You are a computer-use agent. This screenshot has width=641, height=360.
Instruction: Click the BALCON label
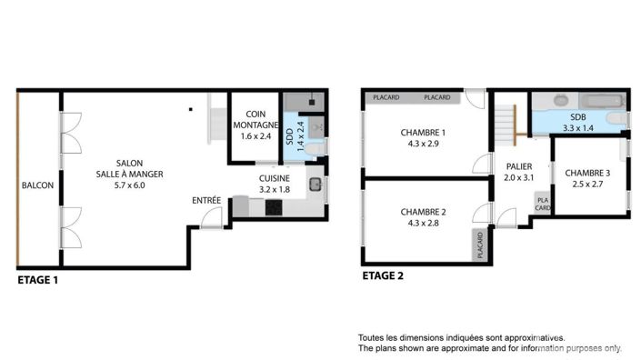coord(37,185)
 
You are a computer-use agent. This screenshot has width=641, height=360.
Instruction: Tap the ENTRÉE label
coord(205,200)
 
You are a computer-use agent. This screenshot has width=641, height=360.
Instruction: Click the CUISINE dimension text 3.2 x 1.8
coord(274,190)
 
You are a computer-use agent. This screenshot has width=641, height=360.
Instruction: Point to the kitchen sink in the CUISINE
coord(314,185)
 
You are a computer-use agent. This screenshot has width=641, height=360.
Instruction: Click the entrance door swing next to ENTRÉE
coord(211,217)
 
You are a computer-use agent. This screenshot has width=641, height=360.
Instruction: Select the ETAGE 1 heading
coord(38,281)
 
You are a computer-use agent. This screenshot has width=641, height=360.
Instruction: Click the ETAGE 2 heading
coord(384,275)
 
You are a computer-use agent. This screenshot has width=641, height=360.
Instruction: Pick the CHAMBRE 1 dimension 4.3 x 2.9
coord(423,144)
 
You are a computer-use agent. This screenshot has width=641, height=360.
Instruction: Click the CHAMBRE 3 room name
coord(587,173)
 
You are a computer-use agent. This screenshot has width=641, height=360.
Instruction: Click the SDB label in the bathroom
coord(578,118)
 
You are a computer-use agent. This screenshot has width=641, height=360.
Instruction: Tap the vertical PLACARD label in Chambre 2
coord(479,245)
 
